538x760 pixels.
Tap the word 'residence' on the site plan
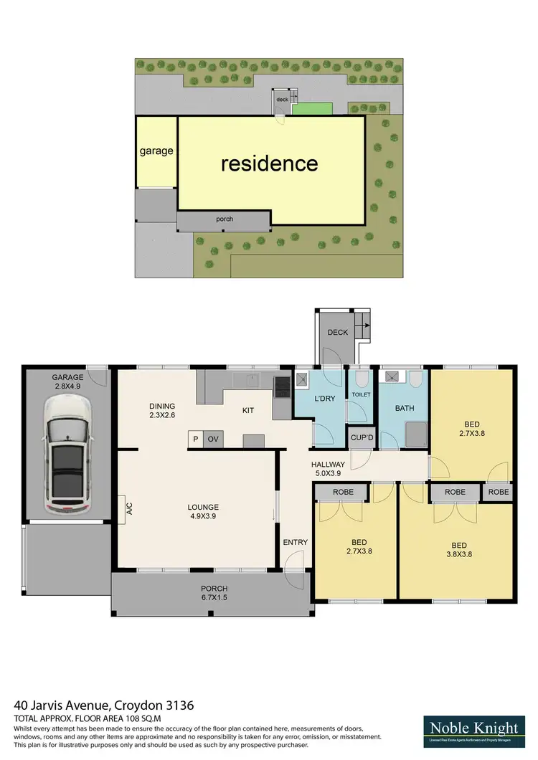tap(269, 163)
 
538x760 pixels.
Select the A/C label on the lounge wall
tap(130, 508)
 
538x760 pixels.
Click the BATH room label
tap(405, 408)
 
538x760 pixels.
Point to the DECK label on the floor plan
tap(337, 333)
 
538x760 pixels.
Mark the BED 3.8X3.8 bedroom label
tap(461, 548)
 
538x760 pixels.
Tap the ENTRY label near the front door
tap(295, 542)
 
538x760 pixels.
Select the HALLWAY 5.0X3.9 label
tap(329, 469)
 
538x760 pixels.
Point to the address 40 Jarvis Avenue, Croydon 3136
tap(104, 706)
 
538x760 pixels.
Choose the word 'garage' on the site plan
tap(156, 151)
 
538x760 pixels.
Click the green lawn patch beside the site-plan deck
tap(311, 109)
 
